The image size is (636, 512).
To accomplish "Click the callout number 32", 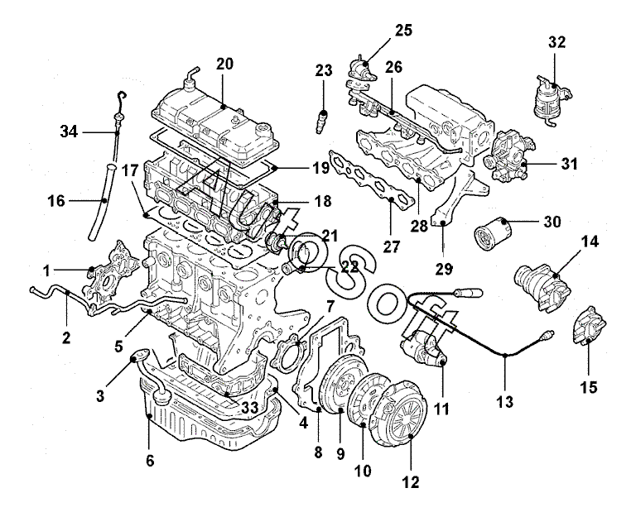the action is coord(556,41).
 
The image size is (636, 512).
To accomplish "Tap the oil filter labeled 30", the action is coord(492,234).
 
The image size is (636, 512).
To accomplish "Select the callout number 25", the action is coord(403,31).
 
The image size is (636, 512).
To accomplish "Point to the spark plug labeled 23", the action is coord(321,121).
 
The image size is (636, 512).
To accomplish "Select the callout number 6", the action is coord(150,461).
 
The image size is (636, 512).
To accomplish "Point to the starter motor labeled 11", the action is coord(424,347).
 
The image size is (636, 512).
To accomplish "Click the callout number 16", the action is coord(57,200).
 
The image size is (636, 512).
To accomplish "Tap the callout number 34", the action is coord(69,132).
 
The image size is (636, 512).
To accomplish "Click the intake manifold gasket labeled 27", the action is coord(372,180).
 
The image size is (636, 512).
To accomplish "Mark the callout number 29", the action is coord(443,269).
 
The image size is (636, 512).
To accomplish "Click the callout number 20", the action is coord(224,64).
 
